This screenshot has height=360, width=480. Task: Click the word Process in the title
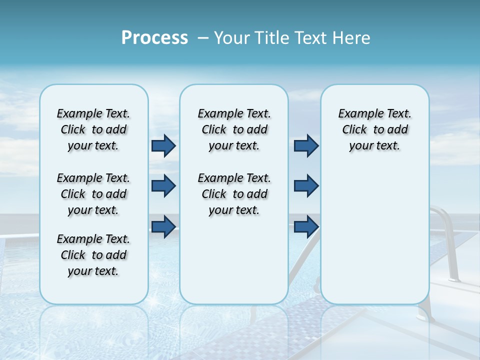pos(154,38)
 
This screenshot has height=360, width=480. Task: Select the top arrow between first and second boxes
pos(163,146)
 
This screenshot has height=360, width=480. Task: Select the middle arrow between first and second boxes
pos(163,186)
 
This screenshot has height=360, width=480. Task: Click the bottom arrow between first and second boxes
pos(163,226)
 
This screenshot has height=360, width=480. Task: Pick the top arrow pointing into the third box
pos(306,146)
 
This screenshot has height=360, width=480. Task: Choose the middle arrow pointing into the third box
pos(306,186)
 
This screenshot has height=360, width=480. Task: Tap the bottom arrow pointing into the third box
pos(306,226)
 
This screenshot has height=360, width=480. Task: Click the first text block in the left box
pos(93,129)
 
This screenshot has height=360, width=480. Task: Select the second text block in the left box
pos(93,194)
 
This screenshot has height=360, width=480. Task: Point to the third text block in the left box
pos(93,255)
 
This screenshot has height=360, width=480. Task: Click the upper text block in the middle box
pos(234,129)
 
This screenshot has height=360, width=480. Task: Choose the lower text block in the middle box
pos(234,194)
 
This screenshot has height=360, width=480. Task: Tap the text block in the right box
pos(374,129)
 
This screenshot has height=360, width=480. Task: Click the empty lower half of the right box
pos(374,240)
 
